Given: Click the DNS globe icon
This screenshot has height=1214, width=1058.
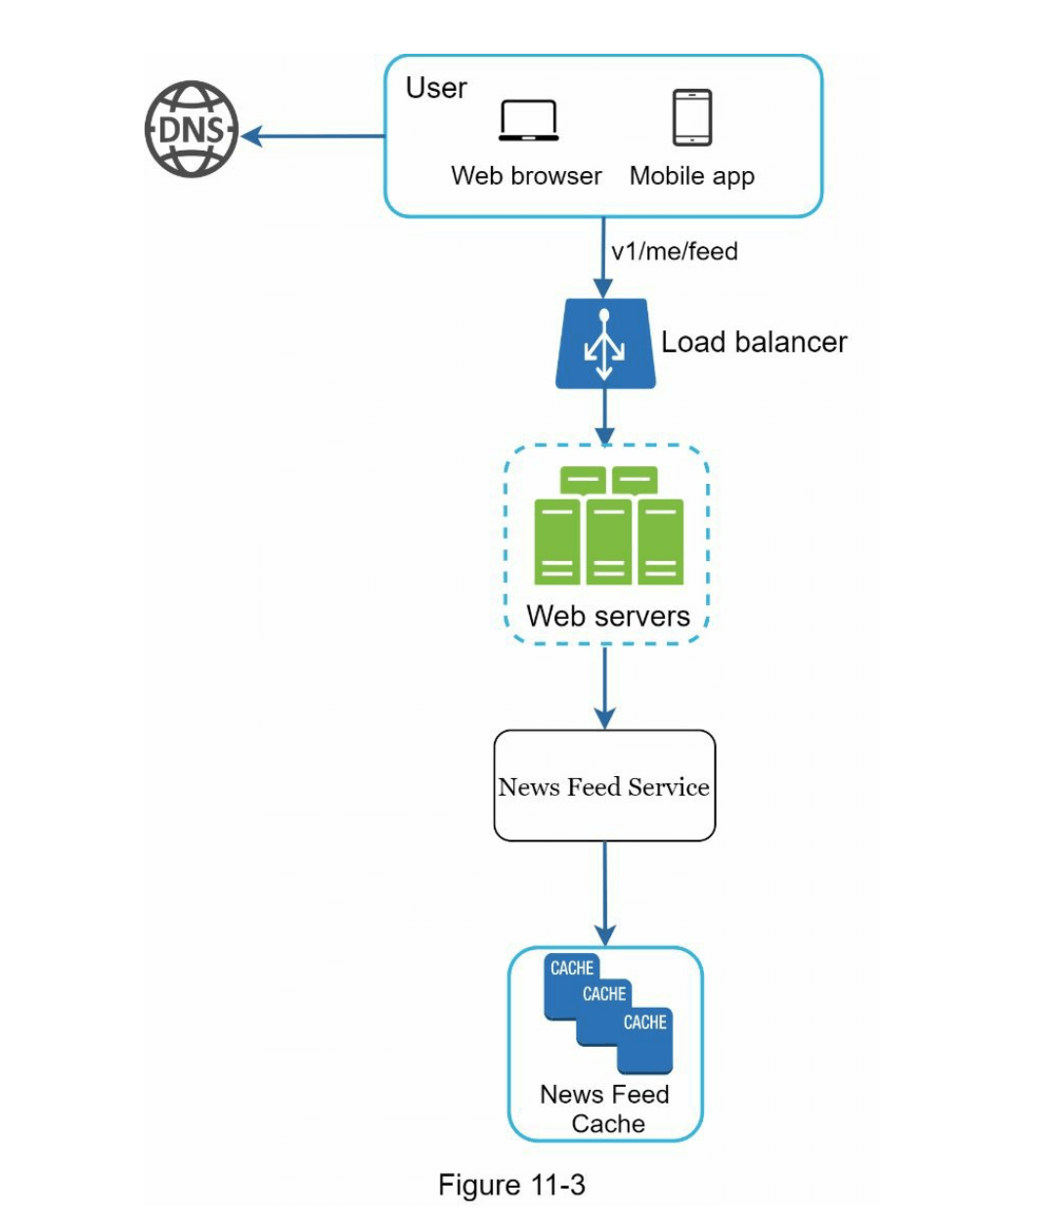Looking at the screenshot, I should pyautogui.click(x=192, y=129).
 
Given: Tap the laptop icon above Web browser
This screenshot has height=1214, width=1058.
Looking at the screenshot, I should pyautogui.click(x=528, y=121).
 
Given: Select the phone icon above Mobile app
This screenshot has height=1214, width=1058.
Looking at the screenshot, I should pyautogui.click(x=692, y=117).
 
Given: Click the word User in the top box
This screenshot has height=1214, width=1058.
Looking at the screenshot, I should pyautogui.click(x=436, y=88).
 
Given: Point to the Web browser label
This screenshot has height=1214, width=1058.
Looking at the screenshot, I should pyautogui.click(x=526, y=176).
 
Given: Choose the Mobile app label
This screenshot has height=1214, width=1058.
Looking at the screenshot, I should pyautogui.click(x=691, y=177).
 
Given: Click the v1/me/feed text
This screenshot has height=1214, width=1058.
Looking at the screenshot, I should pyautogui.click(x=674, y=252).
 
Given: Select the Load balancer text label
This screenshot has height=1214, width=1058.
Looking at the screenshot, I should pyautogui.click(x=753, y=342).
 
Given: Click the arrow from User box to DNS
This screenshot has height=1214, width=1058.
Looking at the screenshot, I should pyautogui.click(x=313, y=136).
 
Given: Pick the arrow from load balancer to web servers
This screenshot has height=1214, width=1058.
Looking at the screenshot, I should pyautogui.click(x=605, y=416).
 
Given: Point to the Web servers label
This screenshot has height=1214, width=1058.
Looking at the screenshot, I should pyautogui.click(x=607, y=616).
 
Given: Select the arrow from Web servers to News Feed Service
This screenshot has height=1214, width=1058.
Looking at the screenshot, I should pyautogui.click(x=605, y=688).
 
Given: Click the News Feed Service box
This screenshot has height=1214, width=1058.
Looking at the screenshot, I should pyautogui.click(x=604, y=786).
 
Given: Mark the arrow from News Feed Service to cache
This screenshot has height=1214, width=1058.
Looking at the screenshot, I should pyautogui.click(x=605, y=893).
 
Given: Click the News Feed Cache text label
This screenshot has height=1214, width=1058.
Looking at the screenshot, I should pyautogui.click(x=605, y=1108).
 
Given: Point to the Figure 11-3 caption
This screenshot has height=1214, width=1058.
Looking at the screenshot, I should pyautogui.click(x=511, y=1185).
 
